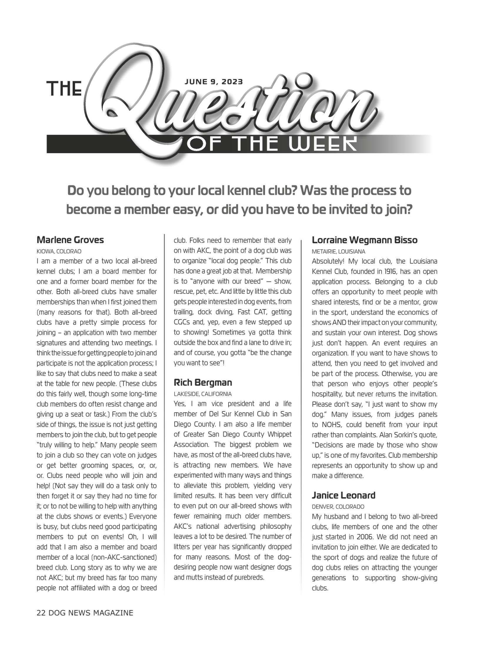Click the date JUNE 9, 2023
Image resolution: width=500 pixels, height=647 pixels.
[x=214, y=82]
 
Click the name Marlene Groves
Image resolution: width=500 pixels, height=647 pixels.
[x=70, y=240]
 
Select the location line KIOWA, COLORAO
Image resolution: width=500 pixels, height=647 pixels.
[x=59, y=251]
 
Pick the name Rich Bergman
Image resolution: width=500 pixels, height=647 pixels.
[x=203, y=382]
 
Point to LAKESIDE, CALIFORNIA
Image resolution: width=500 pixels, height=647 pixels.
[x=203, y=394]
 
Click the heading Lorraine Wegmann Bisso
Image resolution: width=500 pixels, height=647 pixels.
[x=365, y=240]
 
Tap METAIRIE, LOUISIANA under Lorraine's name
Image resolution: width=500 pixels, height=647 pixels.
[x=339, y=251]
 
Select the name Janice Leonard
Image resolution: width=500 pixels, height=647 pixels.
[x=343, y=495]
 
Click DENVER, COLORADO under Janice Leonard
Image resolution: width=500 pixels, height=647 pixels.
[x=338, y=507]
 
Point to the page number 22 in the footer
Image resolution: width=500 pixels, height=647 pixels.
[x=41, y=613]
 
